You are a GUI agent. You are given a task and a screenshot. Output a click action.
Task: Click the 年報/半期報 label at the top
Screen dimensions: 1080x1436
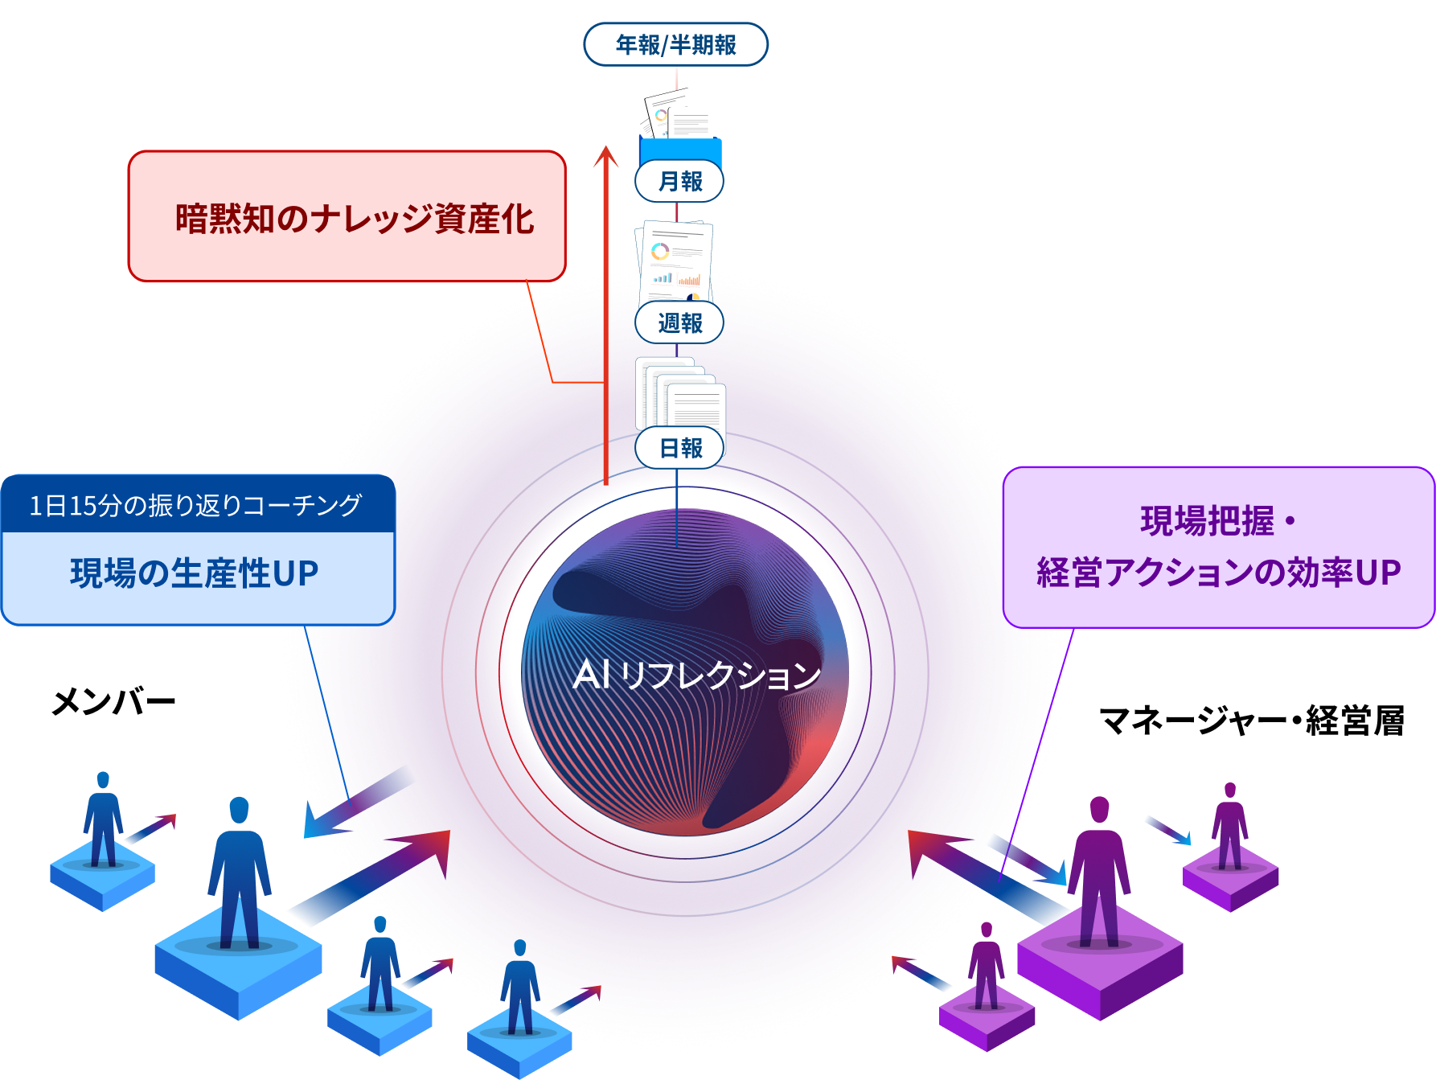pyautogui.click(x=675, y=45)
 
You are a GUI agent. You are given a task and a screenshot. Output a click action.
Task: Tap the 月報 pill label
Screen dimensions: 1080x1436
pyautogui.click(x=679, y=182)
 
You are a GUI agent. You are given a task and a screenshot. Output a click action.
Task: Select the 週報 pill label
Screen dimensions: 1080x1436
pyautogui.click(x=679, y=323)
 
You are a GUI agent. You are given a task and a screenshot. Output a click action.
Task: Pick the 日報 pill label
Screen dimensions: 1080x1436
pyautogui.click(x=679, y=448)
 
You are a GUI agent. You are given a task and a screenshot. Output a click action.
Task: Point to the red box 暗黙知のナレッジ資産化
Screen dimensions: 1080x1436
pyautogui.click(x=347, y=217)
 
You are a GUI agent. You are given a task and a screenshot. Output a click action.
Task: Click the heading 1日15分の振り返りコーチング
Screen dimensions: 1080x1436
pyautogui.click(x=196, y=505)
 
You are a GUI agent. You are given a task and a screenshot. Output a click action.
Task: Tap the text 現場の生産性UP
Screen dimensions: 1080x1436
pyautogui.click(x=195, y=573)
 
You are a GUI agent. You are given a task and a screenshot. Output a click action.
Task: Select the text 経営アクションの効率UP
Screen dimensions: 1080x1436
pyautogui.click(x=1218, y=573)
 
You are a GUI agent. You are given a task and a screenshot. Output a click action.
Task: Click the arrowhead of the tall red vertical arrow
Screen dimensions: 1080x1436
pyautogui.click(x=605, y=156)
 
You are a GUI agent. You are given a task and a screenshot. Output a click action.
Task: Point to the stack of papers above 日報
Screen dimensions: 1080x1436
pyautogui.click(x=680, y=394)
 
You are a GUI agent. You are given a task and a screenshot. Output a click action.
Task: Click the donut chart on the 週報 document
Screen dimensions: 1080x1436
pyautogui.click(x=660, y=252)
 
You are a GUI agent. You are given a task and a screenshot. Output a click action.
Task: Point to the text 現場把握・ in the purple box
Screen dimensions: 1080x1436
pyautogui.click(x=1218, y=521)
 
